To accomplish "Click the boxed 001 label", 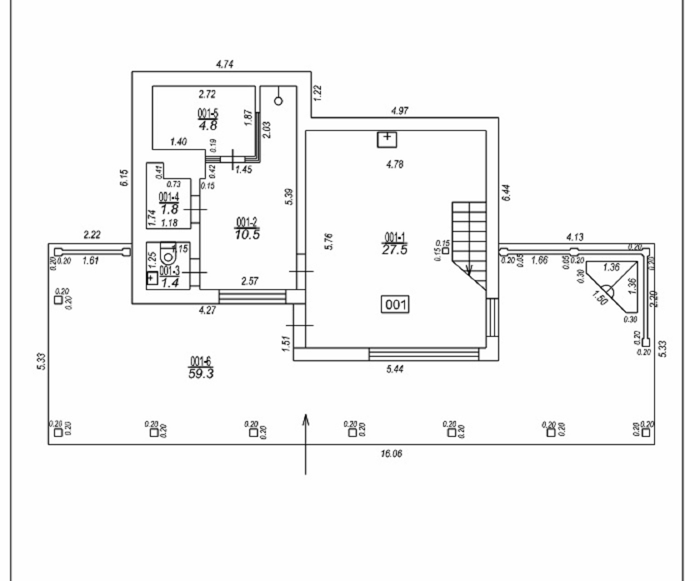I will click(x=395, y=304).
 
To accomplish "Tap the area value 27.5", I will click(x=395, y=250).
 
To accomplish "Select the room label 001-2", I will click(x=247, y=222).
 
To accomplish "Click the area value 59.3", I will click(x=201, y=374).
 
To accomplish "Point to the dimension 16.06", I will click(x=391, y=453).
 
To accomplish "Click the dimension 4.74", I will click(x=225, y=64).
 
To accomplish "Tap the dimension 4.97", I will click(x=400, y=110).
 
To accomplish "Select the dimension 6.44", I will click(x=507, y=193).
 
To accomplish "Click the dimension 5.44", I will click(x=395, y=369).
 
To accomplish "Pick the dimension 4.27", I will click(x=207, y=311).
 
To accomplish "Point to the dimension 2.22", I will click(x=92, y=235).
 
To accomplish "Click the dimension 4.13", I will click(x=575, y=237).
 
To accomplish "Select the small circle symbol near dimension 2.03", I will click(x=278, y=101).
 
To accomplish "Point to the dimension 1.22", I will click(x=318, y=93).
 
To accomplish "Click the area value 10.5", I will click(x=247, y=235).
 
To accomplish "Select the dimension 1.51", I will click(x=285, y=344).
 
